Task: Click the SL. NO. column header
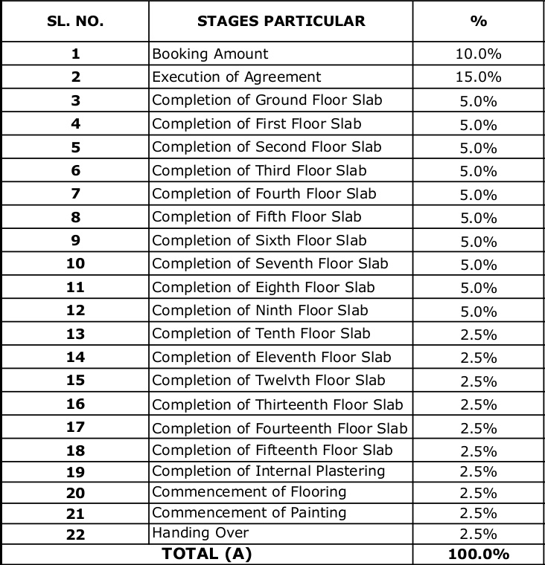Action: (x=75, y=21)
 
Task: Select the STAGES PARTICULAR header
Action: (x=281, y=21)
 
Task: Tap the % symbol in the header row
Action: (x=478, y=21)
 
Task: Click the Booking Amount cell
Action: (x=210, y=54)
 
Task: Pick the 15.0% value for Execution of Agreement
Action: (x=478, y=77)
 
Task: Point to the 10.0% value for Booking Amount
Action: (x=478, y=54)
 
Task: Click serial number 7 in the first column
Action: (x=75, y=194)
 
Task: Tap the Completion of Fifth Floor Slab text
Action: (x=257, y=217)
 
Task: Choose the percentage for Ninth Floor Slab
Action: (x=478, y=311)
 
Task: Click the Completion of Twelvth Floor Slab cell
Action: (x=269, y=381)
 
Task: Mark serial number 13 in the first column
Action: (x=75, y=334)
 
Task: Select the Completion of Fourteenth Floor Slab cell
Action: (x=280, y=428)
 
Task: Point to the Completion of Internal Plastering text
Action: (x=269, y=471)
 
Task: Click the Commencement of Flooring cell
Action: (x=249, y=492)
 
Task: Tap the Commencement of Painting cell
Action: (x=249, y=513)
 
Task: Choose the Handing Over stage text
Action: (x=200, y=533)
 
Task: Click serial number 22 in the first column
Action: (x=75, y=534)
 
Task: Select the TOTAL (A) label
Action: (x=207, y=554)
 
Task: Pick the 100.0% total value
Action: (x=478, y=555)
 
